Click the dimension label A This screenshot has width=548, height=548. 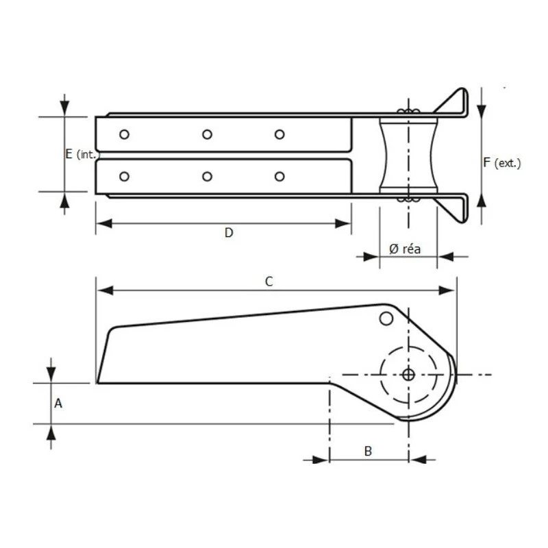[x=58, y=404]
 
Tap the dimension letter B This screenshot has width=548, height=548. [x=368, y=451]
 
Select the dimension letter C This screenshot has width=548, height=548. [x=269, y=281]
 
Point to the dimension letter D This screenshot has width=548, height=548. [x=229, y=233]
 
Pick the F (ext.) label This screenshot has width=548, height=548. [x=501, y=162]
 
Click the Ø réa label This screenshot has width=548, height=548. [x=404, y=249]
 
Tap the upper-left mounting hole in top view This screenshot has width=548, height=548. [x=124, y=134]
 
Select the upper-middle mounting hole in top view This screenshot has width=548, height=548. [x=207, y=134]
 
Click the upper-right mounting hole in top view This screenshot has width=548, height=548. [x=279, y=134]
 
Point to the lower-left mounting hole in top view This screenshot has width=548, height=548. [x=124, y=177]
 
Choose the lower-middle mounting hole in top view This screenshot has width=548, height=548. [x=207, y=177]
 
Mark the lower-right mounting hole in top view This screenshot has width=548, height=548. [x=279, y=177]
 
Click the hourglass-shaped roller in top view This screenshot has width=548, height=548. [x=408, y=155]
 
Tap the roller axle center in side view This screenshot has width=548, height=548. [x=408, y=375]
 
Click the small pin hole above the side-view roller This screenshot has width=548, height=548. [x=386, y=319]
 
